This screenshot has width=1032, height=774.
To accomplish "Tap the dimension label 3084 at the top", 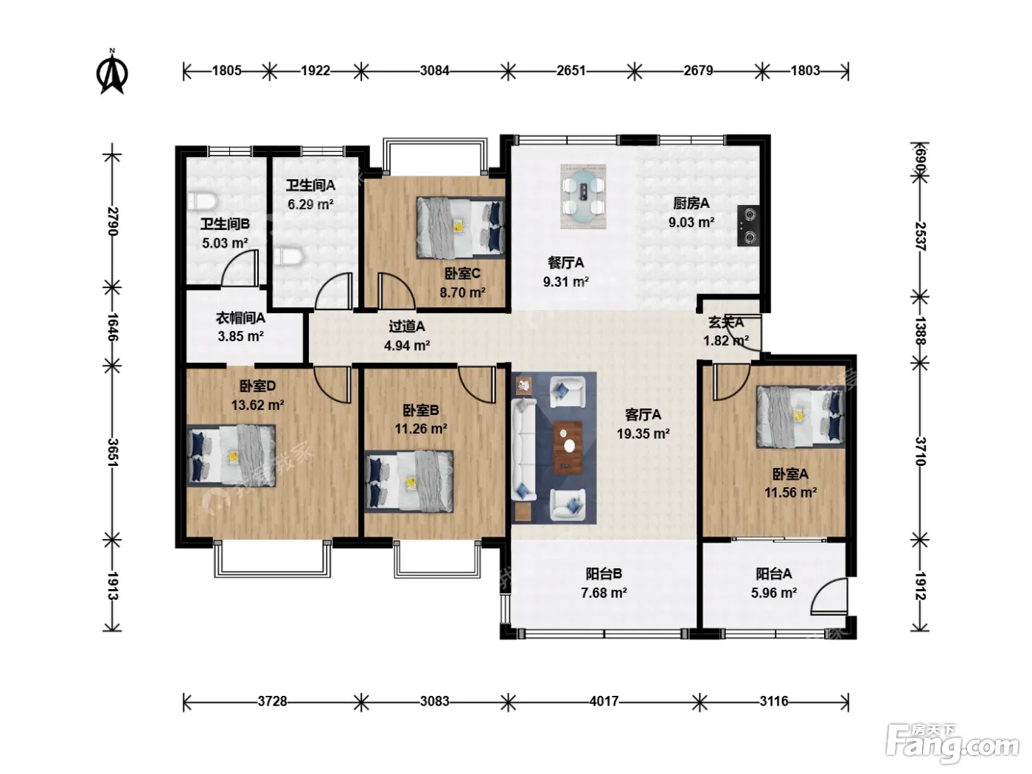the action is coord(434,71).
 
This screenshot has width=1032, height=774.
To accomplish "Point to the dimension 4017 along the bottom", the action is coord(604,702).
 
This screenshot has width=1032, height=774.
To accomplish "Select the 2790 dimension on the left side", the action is coord(113,221).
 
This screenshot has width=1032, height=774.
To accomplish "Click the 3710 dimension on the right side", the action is coord(921,451).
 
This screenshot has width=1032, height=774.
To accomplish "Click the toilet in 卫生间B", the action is coord(202,201).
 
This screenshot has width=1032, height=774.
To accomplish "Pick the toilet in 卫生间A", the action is coord(290,257).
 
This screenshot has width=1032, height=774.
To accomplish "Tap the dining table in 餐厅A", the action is coord(583,196).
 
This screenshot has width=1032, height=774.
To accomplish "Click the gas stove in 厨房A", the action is coord(747,226).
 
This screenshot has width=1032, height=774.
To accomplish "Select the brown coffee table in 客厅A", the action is coord(568,447).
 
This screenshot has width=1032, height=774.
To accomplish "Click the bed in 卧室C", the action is coord(460,228).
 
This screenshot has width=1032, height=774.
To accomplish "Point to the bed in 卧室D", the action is coord(231,456).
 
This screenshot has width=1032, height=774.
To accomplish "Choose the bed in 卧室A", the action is coord(801,416).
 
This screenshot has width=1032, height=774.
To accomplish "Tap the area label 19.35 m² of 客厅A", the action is coord(644,433).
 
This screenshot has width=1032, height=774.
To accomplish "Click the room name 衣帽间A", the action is coord(240,318).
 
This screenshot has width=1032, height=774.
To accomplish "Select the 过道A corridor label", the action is coord(407,326).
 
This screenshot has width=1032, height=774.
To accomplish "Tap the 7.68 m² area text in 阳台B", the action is coord(604,593).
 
